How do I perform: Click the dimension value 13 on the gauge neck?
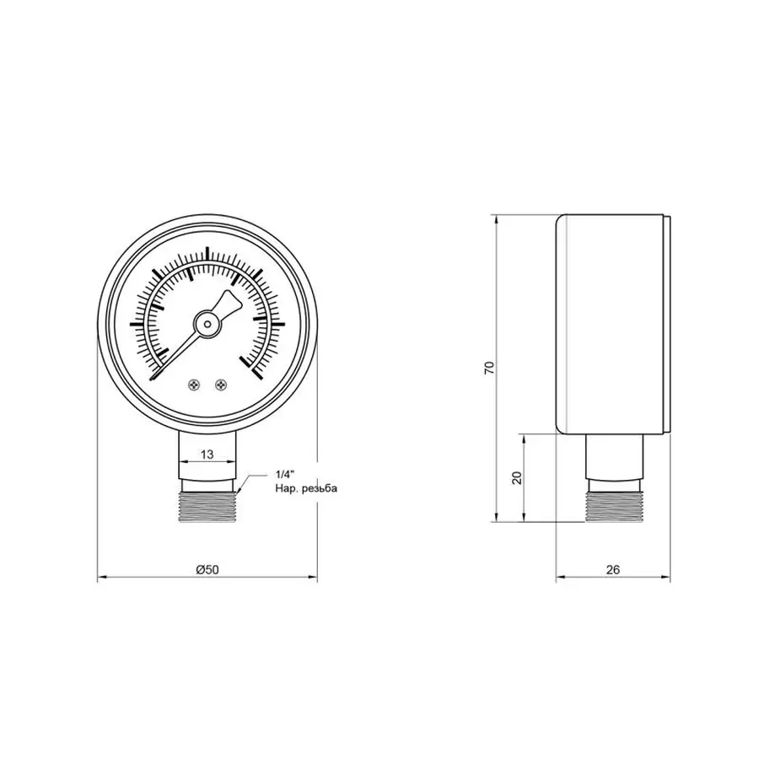[207, 455]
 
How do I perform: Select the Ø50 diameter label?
[207, 570]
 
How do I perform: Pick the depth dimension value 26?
[613, 570]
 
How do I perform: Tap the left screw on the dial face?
[195, 385]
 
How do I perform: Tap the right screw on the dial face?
[221, 385]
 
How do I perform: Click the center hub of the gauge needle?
[207, 322]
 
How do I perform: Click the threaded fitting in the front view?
[207, 504]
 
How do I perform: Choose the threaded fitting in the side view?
[614, 504]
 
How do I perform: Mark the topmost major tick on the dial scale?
[207, 254]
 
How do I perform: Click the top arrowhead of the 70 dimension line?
[498, 218]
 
